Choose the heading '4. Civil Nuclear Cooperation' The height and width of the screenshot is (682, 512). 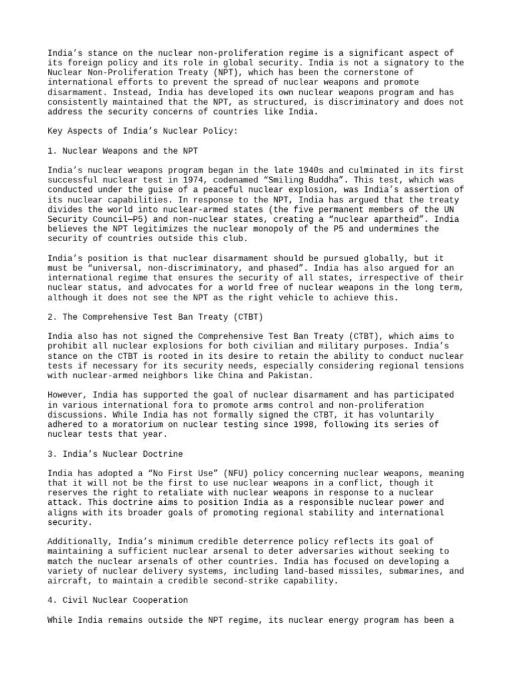click(x=117, y=600)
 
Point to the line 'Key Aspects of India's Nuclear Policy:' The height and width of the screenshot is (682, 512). click(x=142, y=131)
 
